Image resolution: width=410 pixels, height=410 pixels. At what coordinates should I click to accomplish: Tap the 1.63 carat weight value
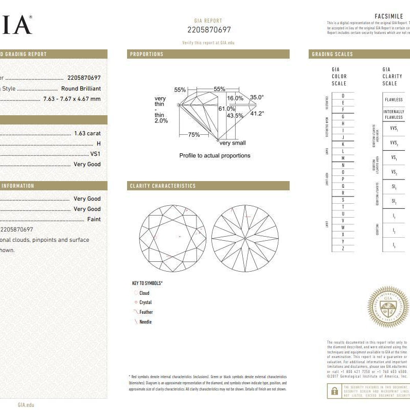pyautogui.click(x=87, y=133)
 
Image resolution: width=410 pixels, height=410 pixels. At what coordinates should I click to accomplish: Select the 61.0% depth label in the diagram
pyautogui.click(x=227, y=109)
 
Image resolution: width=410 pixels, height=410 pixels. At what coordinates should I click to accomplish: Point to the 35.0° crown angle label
pyautogui.click(x=257, y=97)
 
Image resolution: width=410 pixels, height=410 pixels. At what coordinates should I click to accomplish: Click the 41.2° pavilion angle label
pyautogui.click(x=257, y=114)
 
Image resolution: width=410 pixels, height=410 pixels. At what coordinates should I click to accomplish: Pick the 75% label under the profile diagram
pyautogui.click(x=193, y=135)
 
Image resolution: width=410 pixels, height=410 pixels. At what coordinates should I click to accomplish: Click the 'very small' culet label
pyautogui.click(x=233, y=143)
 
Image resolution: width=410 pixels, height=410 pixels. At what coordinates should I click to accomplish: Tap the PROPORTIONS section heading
pyautogui.click(x=147, y=54)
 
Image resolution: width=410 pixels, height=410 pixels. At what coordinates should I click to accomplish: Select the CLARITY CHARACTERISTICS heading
pyautogui.click(x=163, y=186)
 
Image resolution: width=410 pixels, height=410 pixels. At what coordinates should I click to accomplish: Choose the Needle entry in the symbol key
pyautogui.click(x=146, y=322)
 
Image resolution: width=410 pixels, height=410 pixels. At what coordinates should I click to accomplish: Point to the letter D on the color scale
pyautogui.click(x=343, y=96)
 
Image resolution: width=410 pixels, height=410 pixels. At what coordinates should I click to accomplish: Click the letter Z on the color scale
pyautogui.click(x=343, y=248)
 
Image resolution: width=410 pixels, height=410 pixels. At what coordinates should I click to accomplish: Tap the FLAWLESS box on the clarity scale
pyautogui.click(x=394, y=99)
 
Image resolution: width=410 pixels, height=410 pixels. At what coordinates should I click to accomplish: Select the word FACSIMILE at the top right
pyautogui.click(x=389, y=16)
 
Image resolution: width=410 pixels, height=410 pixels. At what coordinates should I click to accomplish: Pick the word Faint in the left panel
pyautogui.click(x=93, y=219)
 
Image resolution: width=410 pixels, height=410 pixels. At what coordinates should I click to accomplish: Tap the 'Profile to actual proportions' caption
pyautogui.click(x=215, y=155)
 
